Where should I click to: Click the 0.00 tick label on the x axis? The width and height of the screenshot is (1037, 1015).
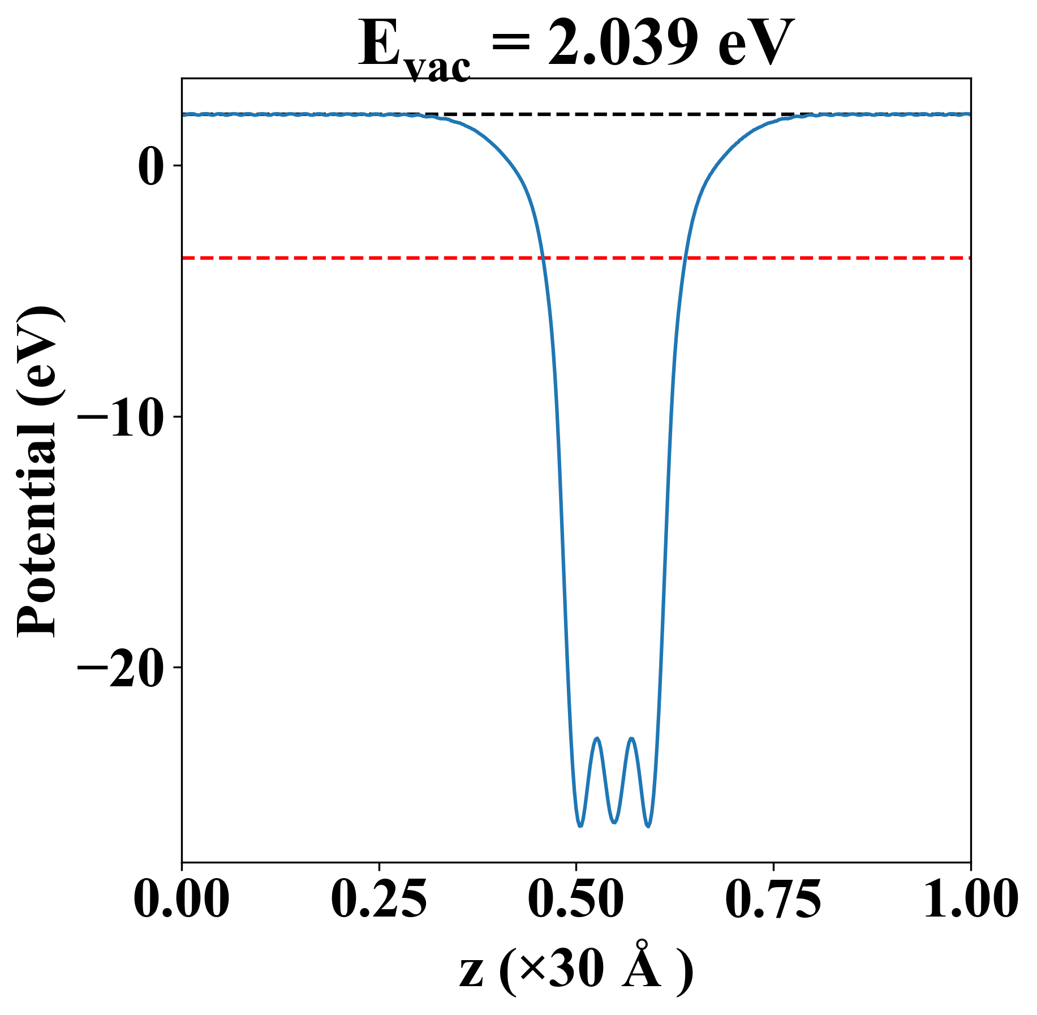click(x=182, y=900)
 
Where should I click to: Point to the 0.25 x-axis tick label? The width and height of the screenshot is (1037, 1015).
click(x=378, y=900)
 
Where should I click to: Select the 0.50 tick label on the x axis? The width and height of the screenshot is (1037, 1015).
click(x=576, y=900)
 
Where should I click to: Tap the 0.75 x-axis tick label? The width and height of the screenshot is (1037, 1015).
click(x=773, y=900)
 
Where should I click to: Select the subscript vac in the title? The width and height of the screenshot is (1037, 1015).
click(x=438, y=68)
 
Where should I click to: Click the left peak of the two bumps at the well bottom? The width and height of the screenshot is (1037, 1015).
click(x=596, y=739)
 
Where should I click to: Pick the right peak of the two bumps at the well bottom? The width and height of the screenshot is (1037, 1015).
click(x=631, y=739)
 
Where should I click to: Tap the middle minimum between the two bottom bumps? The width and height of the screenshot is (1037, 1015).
click(x=614, y=822)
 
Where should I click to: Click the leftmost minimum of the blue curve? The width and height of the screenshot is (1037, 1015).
click(x=580, y=826)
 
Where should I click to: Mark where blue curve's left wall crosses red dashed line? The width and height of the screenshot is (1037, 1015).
click(x=543, y=258)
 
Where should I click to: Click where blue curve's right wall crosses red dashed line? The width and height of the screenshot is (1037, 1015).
click(x=685, y=258)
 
